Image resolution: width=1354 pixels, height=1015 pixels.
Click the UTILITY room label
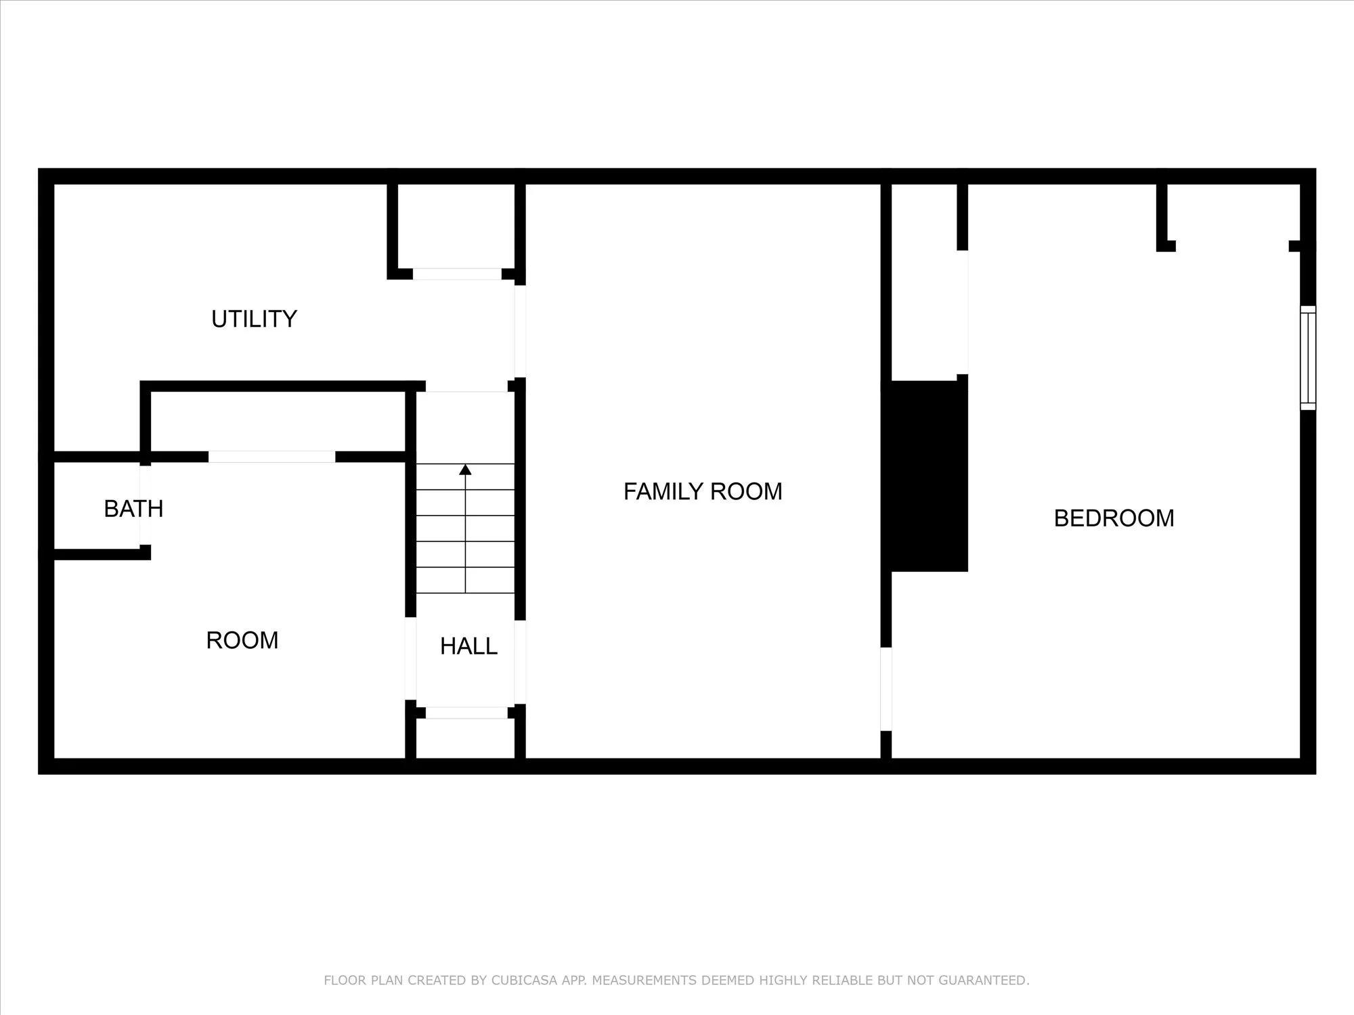point(254,319)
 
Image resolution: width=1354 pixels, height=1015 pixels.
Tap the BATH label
point(133,508)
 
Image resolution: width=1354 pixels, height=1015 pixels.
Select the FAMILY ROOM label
point(703,491)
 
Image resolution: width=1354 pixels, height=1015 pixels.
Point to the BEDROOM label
point(1114,518)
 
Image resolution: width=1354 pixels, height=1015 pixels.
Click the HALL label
point(468,646)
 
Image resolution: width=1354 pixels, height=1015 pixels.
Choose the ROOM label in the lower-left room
point(242,640)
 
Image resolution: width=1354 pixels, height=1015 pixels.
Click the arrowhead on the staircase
point(465,470)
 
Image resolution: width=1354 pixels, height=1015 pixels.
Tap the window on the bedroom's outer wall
point(1308,357)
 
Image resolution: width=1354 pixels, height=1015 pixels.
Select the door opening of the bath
point(145,505)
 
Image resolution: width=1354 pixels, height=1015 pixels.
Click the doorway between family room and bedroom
point(886,689)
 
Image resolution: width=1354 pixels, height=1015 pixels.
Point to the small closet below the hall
point(465,738)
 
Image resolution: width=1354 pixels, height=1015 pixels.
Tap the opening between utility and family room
point(520,332)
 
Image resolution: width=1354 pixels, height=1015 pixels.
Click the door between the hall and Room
point(410,658)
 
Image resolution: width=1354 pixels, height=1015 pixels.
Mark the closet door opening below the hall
point(466,713)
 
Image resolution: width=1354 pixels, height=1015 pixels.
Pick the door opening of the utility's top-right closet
point(457,274)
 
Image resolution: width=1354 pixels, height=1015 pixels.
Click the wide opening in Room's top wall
point(271,457)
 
